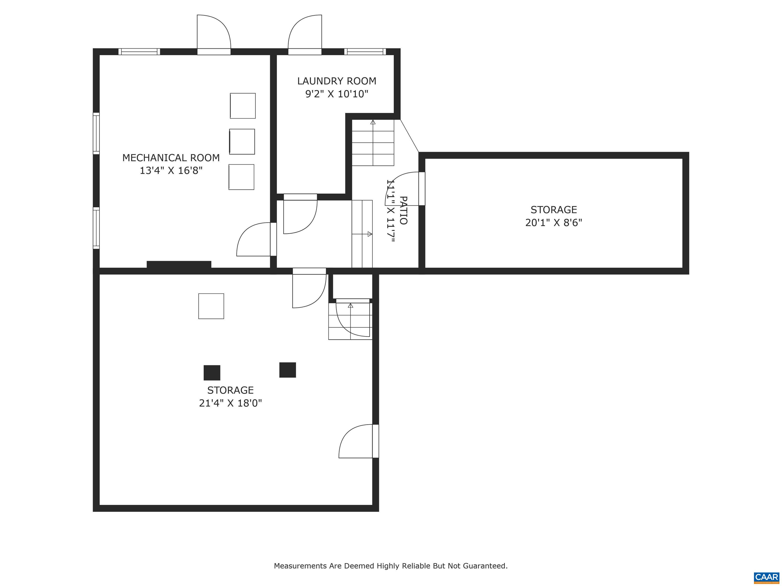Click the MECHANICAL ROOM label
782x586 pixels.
coord(171,157)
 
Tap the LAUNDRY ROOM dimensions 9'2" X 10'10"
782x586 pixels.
coord(337,94)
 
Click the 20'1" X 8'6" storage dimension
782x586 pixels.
coord(553,223)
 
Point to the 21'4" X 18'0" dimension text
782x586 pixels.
coord(230,403)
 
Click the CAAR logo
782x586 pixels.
coord(766,577)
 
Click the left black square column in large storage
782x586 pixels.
coord(212,373)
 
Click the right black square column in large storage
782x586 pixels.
coord(287,370)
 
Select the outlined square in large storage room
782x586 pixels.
coord(211,306)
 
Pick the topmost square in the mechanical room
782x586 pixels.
coord(243,106)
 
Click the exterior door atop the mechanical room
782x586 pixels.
coord(214,35)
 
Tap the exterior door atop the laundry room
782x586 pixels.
coord(305,35)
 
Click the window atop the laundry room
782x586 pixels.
coord(365,52)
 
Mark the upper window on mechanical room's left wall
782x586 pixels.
coord(96,133)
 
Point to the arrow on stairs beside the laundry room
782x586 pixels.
coord(373,122)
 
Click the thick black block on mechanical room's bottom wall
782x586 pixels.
coord(179,265)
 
